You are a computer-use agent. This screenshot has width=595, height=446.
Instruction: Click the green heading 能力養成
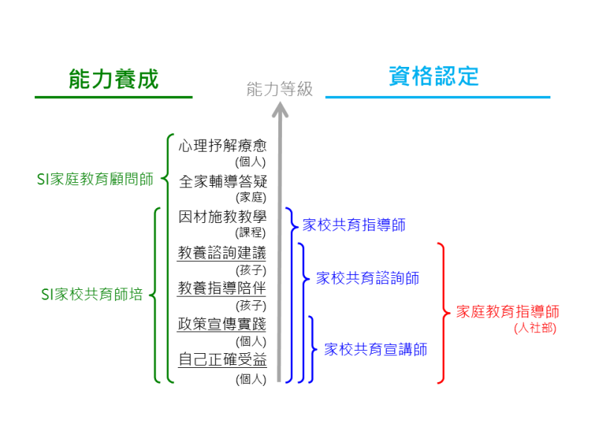(114, 79)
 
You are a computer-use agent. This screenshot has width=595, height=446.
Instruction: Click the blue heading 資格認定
(434, 76)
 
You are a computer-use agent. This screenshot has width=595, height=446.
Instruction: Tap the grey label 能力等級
(280, 90)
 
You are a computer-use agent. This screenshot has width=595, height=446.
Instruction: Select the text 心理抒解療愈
(222, 146)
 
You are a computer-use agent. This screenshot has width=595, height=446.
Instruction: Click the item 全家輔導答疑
(222, 181)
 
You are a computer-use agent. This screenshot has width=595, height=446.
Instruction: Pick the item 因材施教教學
(222, 217)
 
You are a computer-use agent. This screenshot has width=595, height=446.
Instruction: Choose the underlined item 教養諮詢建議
(222, 253)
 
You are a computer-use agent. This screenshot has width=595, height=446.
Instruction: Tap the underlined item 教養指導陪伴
(222, 288)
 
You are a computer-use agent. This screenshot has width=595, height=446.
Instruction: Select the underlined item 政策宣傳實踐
(222, 324)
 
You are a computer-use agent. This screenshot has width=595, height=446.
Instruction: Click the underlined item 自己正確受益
(222, 360)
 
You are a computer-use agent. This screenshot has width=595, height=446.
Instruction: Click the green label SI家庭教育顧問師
(95, 179)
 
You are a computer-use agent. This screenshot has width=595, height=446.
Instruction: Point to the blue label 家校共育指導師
(353, 224)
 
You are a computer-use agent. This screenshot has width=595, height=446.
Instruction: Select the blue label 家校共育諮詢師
(367, 278)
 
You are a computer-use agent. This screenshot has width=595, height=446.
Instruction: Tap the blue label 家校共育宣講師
(376, 349)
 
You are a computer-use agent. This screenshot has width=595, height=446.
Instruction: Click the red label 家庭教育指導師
(508, 312)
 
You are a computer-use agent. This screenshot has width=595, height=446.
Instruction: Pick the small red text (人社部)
(535, 328)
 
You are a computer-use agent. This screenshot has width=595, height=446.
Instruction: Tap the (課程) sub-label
(251, 233)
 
